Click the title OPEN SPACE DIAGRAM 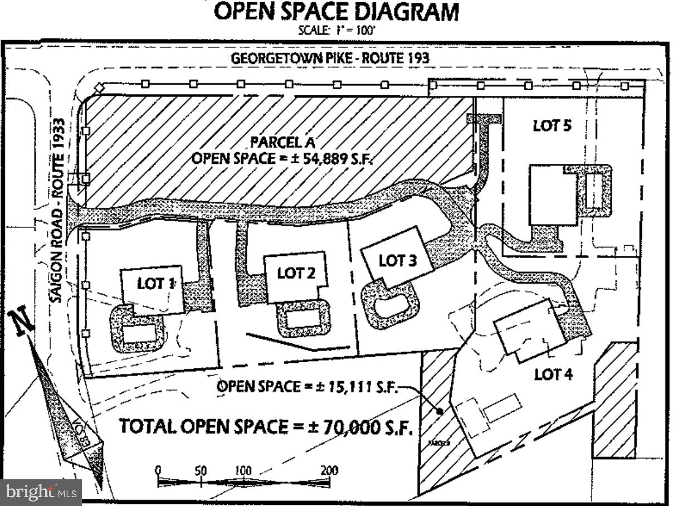336,12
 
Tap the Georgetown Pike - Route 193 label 330,58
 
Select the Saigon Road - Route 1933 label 60,211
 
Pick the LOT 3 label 397,260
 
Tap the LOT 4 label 553,374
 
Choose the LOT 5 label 552,125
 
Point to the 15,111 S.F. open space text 307,386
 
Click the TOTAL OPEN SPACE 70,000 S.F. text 266,427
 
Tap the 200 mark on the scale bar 329,470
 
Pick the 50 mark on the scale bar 201,470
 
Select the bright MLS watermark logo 41,492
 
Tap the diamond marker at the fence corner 99,87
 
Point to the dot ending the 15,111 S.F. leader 439,412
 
